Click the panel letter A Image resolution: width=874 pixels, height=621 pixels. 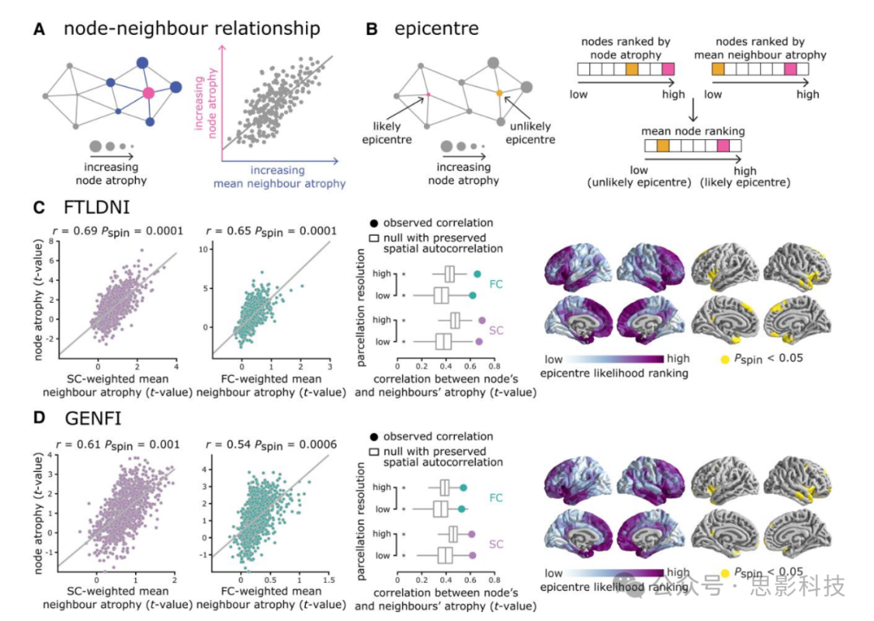pyautogui.click(x=39, y=30)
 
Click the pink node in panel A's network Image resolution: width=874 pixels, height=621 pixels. pyautogui.click(x=148, y=93)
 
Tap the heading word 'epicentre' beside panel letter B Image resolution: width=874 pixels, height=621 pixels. pyautogui.click(x=436, y=30)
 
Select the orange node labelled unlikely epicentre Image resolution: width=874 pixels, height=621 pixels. pyautogui.click(x=499, y=93)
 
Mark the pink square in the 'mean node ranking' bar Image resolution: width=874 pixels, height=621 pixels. pyautogui.click(x=723, y=146)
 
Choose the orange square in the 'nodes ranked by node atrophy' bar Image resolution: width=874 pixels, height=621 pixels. pyautogui.click(x=632, y=70)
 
